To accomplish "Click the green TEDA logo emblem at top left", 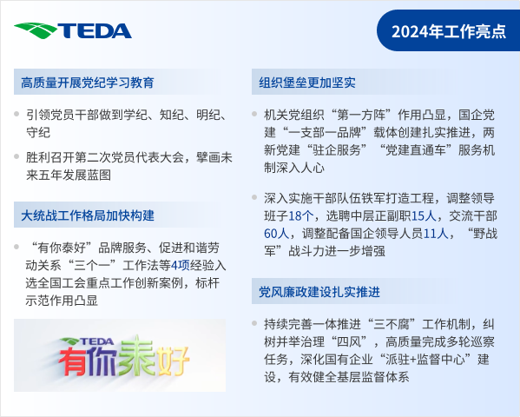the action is click(36, 30).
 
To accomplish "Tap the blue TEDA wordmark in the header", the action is click(95, 31).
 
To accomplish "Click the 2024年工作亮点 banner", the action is click(448, 31).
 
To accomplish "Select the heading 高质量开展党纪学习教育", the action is click(88, 83).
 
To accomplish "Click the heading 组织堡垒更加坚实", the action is click(307, 83).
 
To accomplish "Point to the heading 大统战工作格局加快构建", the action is click(88, 215).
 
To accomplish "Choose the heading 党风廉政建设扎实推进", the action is click(319, 292).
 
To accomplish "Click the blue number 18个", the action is click(300, 216).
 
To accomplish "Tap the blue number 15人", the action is click(424, 216).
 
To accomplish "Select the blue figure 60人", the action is click(277, 234).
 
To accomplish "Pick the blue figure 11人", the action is click(436, 234).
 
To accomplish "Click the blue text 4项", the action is click(180, 265).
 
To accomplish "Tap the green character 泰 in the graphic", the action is click(136, 355).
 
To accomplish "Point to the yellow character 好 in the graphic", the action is click(173, 361).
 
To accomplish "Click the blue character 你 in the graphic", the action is click(104, 361).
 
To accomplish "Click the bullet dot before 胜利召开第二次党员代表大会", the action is click(16, 156).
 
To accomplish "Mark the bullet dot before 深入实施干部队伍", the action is click(254, 197).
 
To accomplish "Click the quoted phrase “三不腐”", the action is click(392, 324).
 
